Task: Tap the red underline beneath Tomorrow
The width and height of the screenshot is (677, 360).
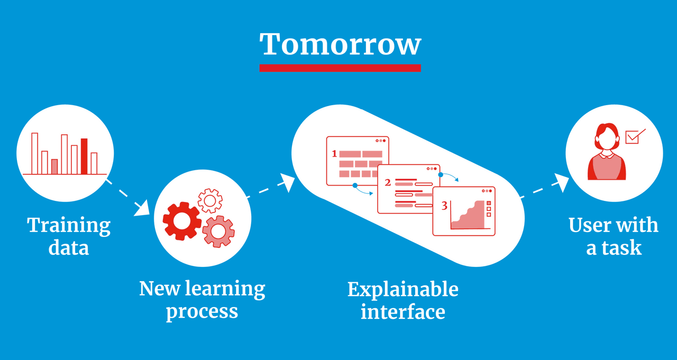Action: (340, 68)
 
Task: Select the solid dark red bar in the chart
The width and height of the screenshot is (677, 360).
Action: (84, 156)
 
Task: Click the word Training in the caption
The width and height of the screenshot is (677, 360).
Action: (69, 225)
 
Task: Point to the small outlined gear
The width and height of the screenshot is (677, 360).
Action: (210, 200)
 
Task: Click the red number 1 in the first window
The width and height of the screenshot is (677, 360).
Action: (334, 154)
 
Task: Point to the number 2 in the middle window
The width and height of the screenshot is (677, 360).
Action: (388, 182)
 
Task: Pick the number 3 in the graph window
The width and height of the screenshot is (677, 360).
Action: (444, 206)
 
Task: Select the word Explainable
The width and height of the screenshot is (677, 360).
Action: (403, 290)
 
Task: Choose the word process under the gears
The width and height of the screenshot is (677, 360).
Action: (202, 312)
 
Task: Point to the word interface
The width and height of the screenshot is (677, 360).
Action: (403, 312)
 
